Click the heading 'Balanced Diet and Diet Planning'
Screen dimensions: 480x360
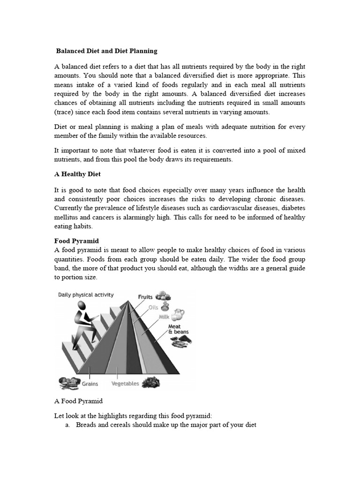(x=107, y=50)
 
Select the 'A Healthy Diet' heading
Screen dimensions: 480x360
(x=77, y=174)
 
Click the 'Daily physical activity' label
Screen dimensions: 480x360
(x=85, y=295)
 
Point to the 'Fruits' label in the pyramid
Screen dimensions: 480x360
(x=145, y=297)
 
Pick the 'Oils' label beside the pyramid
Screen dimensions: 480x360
(x=153, y=307)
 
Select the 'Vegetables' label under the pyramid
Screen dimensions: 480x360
(x=125, y=383)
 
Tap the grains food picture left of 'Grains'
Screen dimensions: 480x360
(x=68, y=382)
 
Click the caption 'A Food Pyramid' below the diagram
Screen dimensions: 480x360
(x=79, y=401)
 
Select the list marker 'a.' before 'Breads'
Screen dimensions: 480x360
(x=68, y=425)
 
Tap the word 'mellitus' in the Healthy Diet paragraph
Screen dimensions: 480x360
(x=67, y=217)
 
